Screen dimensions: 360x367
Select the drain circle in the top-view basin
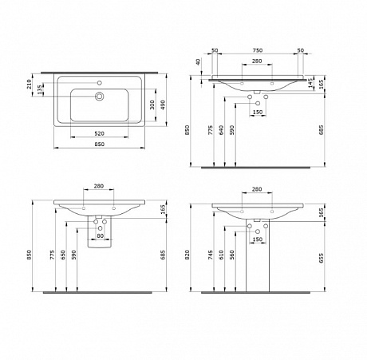pos(100,97)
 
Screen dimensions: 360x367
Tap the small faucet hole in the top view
pos(100,81)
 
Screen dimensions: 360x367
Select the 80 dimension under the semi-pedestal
pos(101,236)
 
